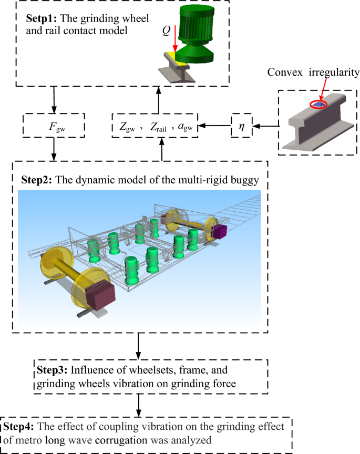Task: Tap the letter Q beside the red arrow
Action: point(166,31)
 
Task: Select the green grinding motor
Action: point(193,32)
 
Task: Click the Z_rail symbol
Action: point(156,127)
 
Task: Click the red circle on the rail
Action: point(318,105)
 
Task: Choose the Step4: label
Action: point(18,424)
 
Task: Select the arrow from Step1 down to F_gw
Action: point(54,99)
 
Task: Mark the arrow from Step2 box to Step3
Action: point(138,345)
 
